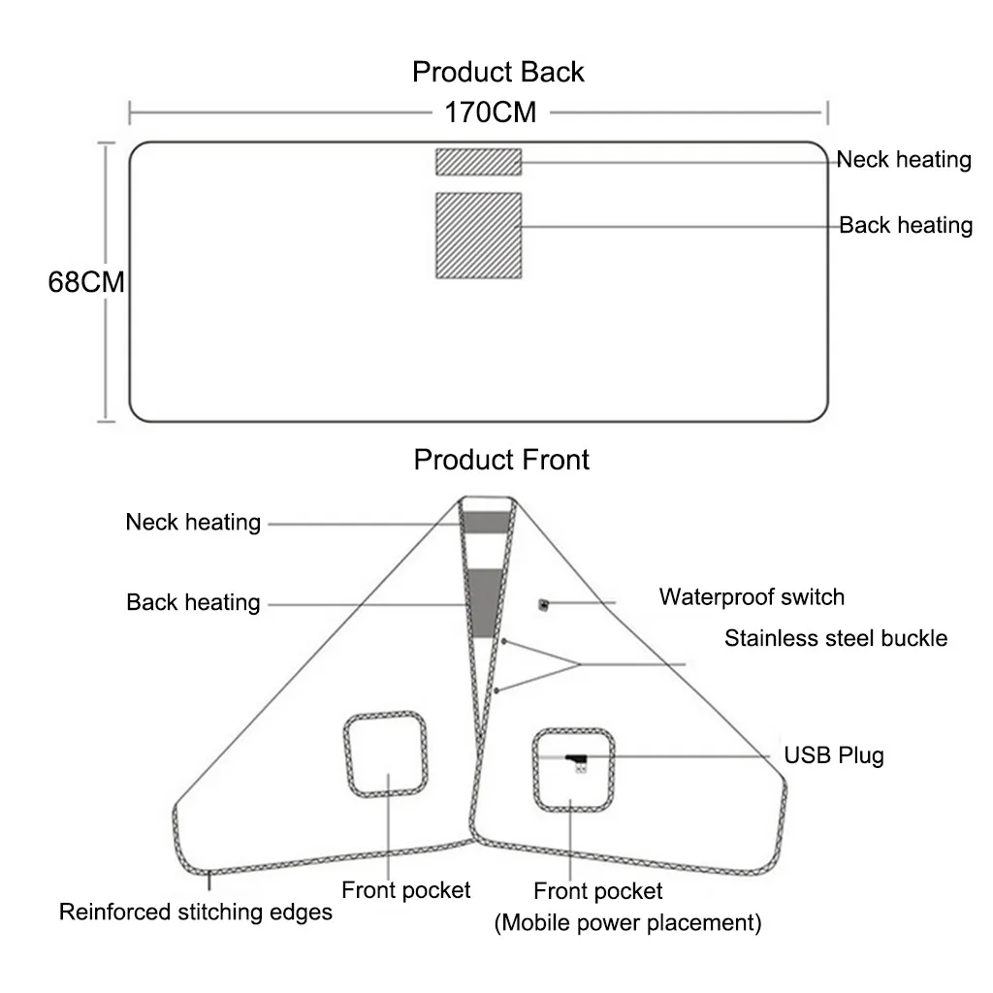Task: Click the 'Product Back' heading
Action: click(497, 72)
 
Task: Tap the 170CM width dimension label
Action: click(490, 112)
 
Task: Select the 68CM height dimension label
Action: click(86, 282)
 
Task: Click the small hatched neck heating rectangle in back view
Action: click(478, 162)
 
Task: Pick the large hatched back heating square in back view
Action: click(478, 236)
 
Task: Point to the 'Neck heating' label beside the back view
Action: click(904, 160)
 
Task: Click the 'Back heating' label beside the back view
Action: click(906, 225)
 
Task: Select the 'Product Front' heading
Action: click(501, 460)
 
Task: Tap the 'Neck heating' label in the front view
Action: click(193, 523)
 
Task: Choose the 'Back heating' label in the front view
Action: click(193, 602)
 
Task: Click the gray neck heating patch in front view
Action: click(486, 523)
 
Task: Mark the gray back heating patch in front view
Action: click(485, 603)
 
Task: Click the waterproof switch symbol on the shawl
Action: click(543, 605)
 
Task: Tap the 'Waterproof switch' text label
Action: click(752, 597)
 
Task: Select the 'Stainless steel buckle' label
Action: click(836, 638)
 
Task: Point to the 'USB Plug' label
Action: click(833, 755)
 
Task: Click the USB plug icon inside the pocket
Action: click(577, 762)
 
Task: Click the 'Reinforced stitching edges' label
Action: click(196, 912)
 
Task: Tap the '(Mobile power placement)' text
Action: click(627, 923)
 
